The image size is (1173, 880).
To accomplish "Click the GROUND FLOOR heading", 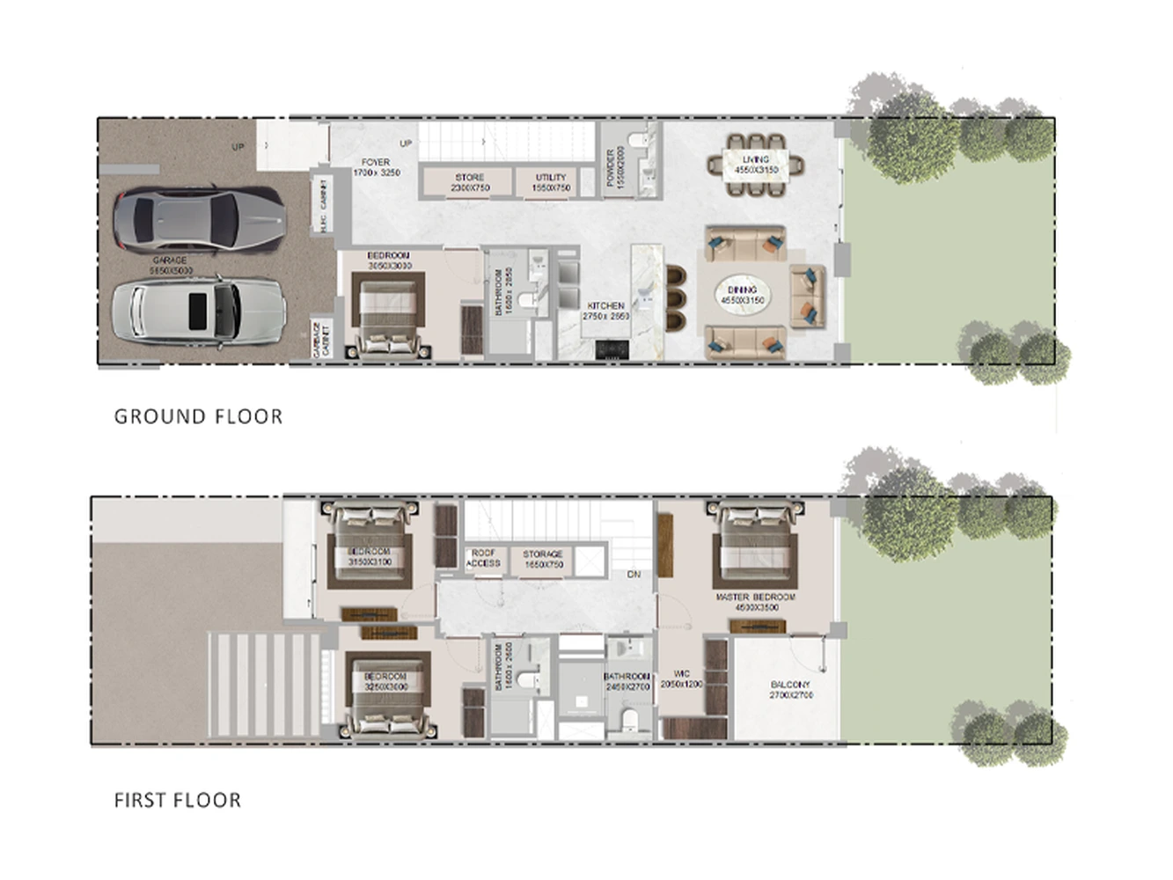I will [198, 416].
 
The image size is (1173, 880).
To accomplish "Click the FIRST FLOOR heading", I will [177, 800].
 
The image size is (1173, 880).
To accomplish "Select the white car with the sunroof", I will [198, 309].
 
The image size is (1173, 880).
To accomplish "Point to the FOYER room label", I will [376, 167].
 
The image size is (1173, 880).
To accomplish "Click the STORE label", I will [469, 182].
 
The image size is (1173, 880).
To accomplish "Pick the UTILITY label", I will [551, 182].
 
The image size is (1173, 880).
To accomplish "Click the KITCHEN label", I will [605, 311].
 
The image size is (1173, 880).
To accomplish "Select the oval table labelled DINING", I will [742, 295].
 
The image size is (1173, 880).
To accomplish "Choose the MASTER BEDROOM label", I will [756, 601].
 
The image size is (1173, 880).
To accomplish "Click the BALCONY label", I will [790, 689].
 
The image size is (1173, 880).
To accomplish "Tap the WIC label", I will [681, 678].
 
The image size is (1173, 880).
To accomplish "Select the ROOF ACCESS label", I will [483, 558].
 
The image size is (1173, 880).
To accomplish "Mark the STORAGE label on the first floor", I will [543, 559].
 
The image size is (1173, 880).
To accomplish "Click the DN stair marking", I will [634, 575].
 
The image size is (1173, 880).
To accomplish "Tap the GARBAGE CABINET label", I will [321, 340].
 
